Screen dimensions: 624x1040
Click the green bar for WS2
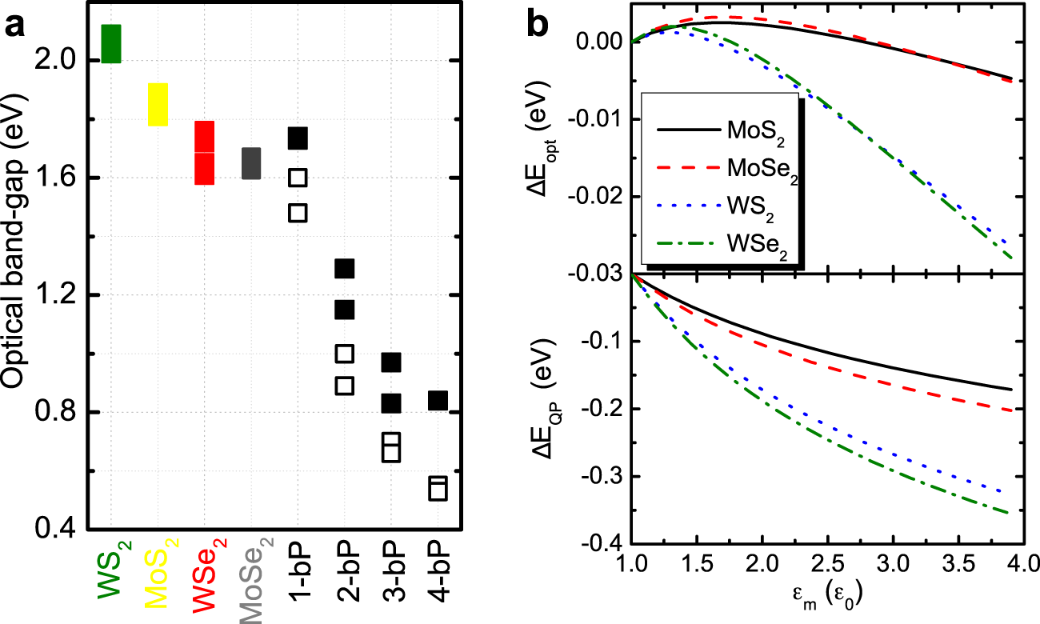point(111,44)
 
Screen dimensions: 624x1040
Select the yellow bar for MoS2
point(158,104)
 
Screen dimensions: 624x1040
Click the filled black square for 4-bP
point(438,401)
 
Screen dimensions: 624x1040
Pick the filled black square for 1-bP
point(298,138)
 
